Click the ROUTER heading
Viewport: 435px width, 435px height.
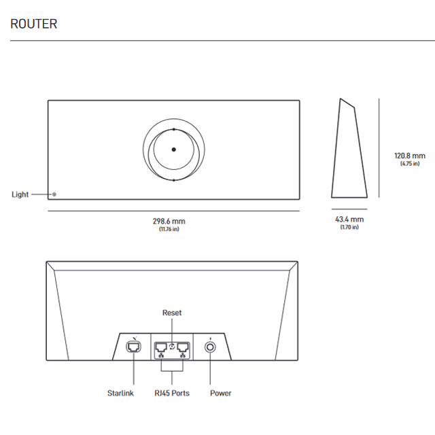(34, 24)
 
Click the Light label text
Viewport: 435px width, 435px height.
(20, 194)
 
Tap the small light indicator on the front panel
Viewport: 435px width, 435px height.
(54, 194)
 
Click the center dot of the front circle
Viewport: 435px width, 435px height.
(173, 150)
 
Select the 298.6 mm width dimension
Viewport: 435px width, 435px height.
(169, 222)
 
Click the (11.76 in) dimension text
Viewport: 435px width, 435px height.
(169, 229)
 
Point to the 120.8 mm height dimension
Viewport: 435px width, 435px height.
(409, 155)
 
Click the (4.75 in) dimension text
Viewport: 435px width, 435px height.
(409, 163)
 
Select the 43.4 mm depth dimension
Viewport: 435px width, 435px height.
(349, 220)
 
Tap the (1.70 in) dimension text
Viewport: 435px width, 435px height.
(349, 227)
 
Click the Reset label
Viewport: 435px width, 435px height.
(172, 313)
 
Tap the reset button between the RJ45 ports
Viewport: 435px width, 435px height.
(172, 346)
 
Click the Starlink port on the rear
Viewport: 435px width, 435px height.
(134, 347)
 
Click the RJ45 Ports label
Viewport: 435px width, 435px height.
(172, 393)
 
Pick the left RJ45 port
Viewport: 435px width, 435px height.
(161, 348)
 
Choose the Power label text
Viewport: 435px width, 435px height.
(220, 393)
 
